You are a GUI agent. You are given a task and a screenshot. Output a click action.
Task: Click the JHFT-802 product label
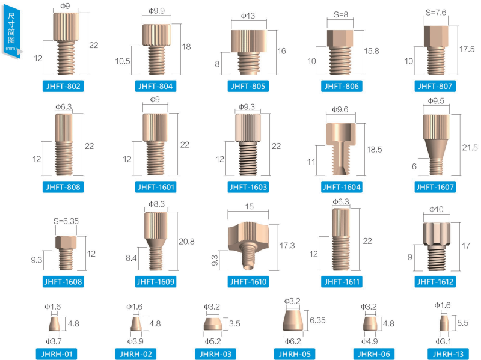[63, 86]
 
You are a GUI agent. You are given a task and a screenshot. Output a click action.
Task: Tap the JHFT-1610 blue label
[248, 282]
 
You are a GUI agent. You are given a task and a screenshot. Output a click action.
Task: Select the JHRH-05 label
[295, 354]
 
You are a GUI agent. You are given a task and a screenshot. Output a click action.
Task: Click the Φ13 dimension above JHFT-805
[248, 16]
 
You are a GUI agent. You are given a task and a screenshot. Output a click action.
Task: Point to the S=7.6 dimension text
[435, 13]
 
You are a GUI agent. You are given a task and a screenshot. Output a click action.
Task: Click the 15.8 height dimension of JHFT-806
[372, 51]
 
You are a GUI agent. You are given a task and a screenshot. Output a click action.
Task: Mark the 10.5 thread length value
[123, 61]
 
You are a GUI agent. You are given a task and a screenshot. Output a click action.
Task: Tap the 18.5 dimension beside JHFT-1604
[375, 150]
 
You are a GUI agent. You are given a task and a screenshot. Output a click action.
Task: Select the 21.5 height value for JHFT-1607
[470, 148]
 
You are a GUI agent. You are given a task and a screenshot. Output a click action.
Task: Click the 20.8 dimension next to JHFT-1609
[186, 242]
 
